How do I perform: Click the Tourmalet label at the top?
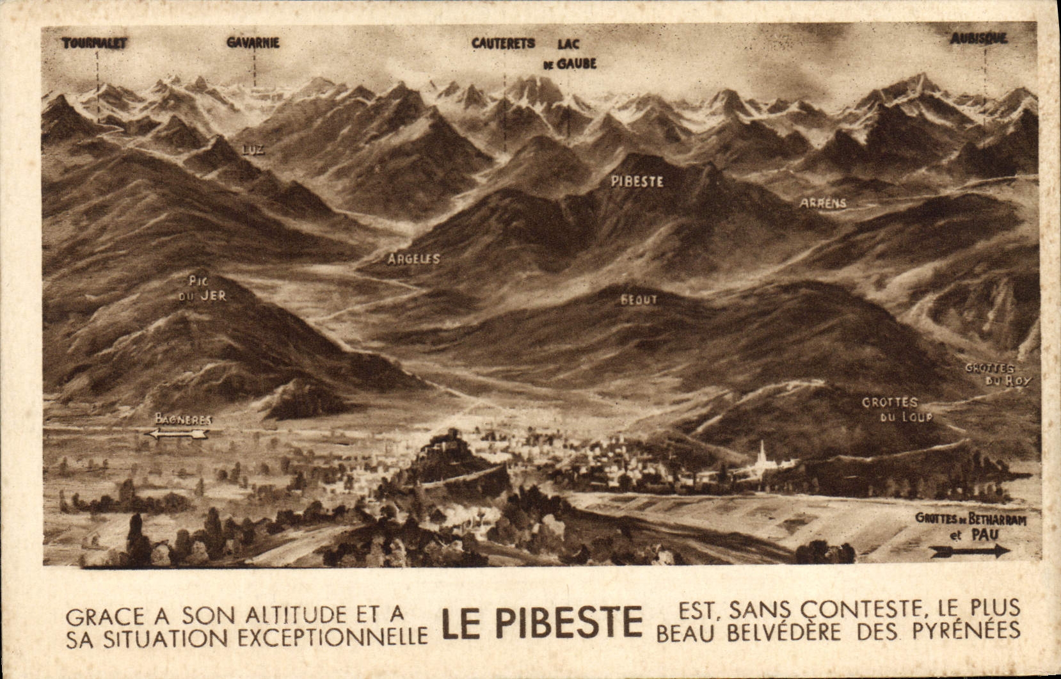[95, 44]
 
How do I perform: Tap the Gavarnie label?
[253, 43]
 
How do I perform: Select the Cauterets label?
[503, 44]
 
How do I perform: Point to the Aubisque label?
[978, 38]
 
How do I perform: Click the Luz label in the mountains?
[253, 150]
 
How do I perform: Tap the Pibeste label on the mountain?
[637, 182]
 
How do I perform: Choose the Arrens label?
[823, 203]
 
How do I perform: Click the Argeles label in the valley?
[413, 259]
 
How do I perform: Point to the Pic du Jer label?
[206, 289]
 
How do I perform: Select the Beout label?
[639, 300]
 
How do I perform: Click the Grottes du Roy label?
[998, 374]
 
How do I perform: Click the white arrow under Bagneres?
[177, 434]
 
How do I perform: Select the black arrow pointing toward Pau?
[969, 550]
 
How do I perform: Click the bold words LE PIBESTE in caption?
[542, 623]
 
